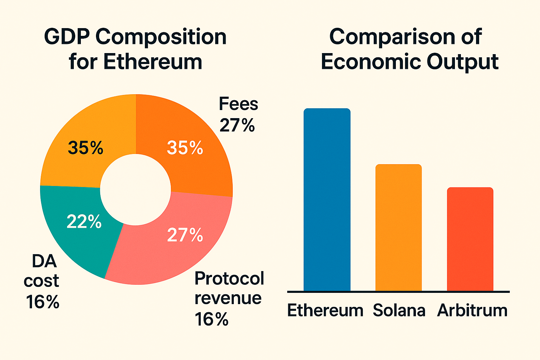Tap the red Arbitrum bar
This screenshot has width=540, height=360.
470,239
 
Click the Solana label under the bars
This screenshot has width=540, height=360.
399,310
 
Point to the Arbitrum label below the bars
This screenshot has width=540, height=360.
472,310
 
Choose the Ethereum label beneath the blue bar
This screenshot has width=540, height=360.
325,310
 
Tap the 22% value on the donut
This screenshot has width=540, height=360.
84,222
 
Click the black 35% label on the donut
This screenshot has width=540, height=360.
85,148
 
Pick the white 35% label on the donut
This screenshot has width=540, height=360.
185,148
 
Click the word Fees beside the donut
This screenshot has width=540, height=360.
238,104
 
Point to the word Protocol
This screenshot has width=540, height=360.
229,279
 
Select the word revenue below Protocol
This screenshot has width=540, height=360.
228,298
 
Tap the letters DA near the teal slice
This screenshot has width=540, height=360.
44,261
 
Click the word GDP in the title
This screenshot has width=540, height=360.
66,37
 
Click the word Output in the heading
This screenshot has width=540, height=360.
463,62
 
